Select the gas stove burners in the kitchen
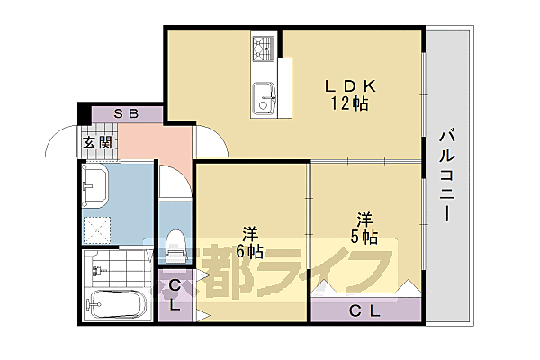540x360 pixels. coord(264,47)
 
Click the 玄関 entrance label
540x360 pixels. coord(97,141)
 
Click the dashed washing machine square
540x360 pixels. coord(96,229)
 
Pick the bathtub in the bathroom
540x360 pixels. coord(115,306)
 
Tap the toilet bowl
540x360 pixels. coord(176,245)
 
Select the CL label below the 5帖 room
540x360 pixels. coord(364,310)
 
